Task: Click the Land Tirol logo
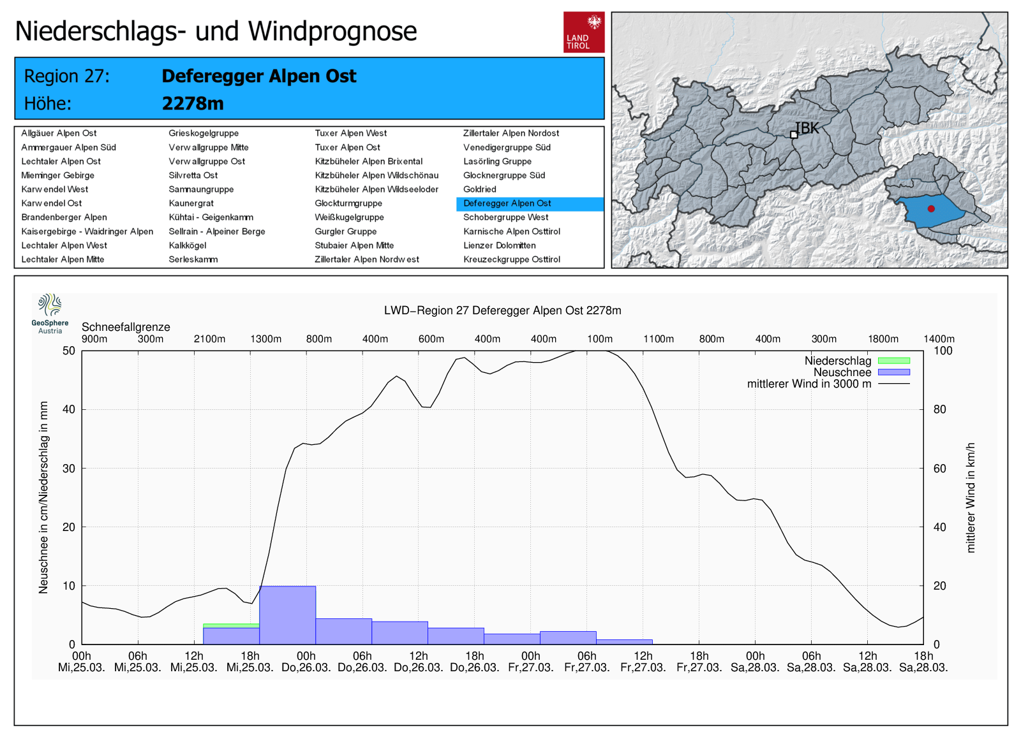pyautogui.click(x=583, y=32)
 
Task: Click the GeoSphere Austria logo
pyautogui.click(x=50, y=313)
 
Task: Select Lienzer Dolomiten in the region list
pyautogui.click(x=499, y=245)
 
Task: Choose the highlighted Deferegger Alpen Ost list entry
pyautogui.click(x=507, y=203)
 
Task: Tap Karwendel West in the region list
pyautogui.click(x=55, y=189)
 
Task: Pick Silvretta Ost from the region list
pyautogui.click(x=193, y=175)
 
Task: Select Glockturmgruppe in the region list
pyautogui.click(x=348, y=203)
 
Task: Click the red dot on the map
pyautogui.click(x=931, y=208)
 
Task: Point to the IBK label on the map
pyautogui.click(x=807, y=128)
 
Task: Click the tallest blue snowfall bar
pyautogui.click(x=287, y=615)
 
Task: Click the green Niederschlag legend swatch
pyautogui.click(x=893, y=361)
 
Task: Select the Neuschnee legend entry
pyautogui.click(x=842, y=372)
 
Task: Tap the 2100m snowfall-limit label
pyautogui.click(x=209, y=339)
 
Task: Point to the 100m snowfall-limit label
pyautogui.click(x=600, y=339)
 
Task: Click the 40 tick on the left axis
pyautogui.click(x=68, y=409)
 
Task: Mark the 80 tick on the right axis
pyautogui.click(x=940, y=409)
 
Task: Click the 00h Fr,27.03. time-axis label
pyautogui.click(x=530, y=662)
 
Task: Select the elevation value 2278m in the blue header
pyautogui.click(x=193, y=103)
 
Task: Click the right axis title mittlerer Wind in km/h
pyautogui.click(x=971, y=497)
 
